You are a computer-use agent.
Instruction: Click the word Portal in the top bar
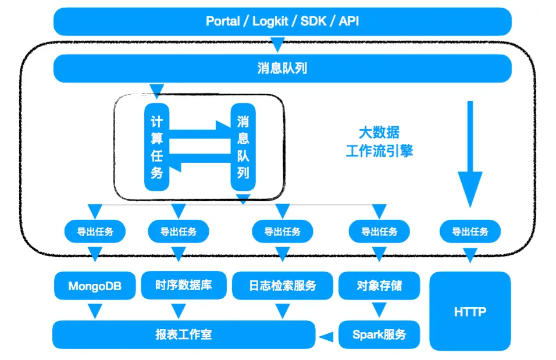[x=222, y=22]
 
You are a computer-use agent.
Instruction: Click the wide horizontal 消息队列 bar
[x=282, y=69]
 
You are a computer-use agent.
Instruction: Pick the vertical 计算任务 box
[x=156, y=147]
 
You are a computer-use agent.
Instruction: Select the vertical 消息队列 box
[x=243, y=147]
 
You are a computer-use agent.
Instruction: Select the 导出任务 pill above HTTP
[x=470, y=231]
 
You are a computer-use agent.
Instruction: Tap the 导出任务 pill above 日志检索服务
[x=282, y=231]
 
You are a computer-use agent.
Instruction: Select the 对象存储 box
[x=379, y=286]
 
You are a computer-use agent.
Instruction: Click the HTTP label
[x=470, y=312]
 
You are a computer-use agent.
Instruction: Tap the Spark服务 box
[x=379, y=334]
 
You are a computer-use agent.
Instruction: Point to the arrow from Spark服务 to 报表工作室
[x=326, y=336]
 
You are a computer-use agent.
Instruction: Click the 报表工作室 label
[x=183, y=335]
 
